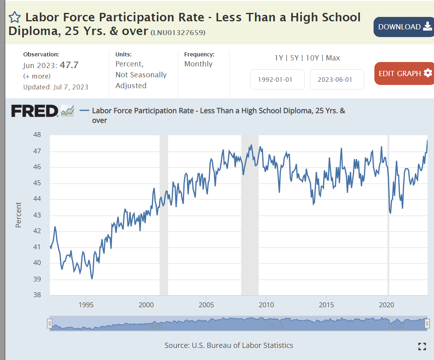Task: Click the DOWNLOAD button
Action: pyautogui.click(x=403, y=27)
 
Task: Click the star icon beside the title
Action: pyautogui.click(x=15, y=17)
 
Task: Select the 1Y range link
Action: pyautogui.click(x=278, y=58)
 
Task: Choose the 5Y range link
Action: pyautogui.click(x=294, y=58)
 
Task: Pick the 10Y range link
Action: pyautogui.click(x=312, y=58)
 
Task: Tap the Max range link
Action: pyautogui.click(x=333, y=58)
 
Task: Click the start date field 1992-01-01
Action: pyautogui.click(x=277, y=79)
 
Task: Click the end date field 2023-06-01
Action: pyautogui.click(x=337, y=79)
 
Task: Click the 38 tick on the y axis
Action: pyautogui.click(x=37, y=295)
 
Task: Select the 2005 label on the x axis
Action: pyautogui.click(x=206, y=304)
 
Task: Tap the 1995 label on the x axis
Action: pyautogui.click(x=86, y=304)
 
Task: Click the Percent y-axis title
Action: pyautogui.click(x=19, y=215)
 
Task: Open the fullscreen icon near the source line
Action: pyautogui.click(x=422, y=346)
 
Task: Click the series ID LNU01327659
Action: pyautogui.click(x=178, y=33)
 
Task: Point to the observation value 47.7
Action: pyautogui.click(x=69, y=65)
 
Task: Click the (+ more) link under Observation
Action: pyautogui.click(x=37, y=76)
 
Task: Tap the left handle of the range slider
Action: pyautogui.click(x=50, y=324)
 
